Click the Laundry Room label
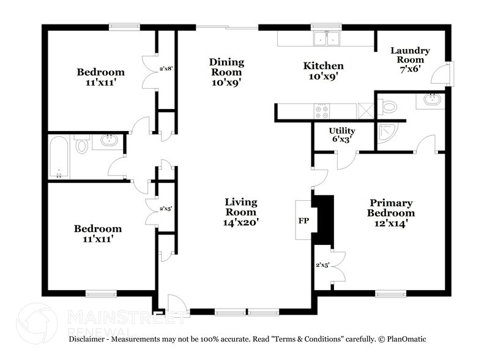coord(410,60)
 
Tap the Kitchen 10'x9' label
coord(324,71)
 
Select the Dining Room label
coord(226,72)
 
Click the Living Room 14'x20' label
coord(240,212)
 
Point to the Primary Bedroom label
coord(390,213)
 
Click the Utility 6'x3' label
coord(341,135)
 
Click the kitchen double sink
coord(327,39)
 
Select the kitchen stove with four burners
coord(321,111)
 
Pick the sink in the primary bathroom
coord(431,100)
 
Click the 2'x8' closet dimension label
coord(167,69)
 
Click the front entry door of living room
coord(176,304)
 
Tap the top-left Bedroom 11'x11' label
coord(100,78)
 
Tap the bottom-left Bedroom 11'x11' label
coord(98,234)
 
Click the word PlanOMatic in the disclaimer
coord(405,339)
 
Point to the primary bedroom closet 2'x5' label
coord(322,265)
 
